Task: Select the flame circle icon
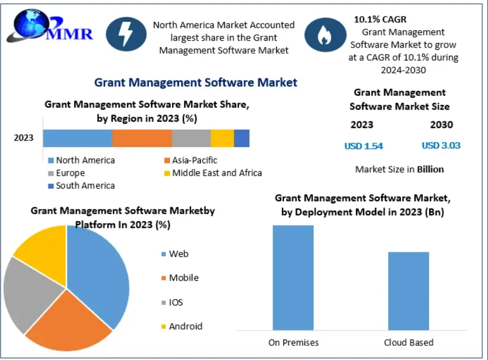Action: [x=322, y=34]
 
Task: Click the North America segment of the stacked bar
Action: [x=77, y=138]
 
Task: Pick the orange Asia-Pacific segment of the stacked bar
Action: [x=142, y=138]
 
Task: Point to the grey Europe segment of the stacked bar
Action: [x=191, y=138]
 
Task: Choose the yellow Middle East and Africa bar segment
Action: [x=222, y=138]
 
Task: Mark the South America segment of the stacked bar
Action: [x=242, y=138]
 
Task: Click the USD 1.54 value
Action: [x=364, y=146]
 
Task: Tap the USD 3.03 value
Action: [x=441, y=146]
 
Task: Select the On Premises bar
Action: [x=293, y=277]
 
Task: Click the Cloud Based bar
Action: [x=408, y=291]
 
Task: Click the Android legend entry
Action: [x=185, y=326]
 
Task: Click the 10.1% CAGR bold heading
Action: [x=380, y=20]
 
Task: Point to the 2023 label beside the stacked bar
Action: [x=23, y=138]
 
